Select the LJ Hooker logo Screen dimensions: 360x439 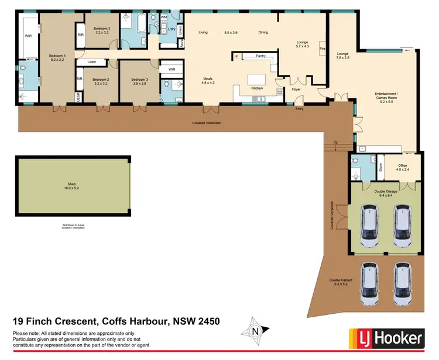click(x=387, y=338)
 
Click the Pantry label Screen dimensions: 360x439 click(x=261, y=56)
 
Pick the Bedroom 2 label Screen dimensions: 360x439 click(x=101, y=79)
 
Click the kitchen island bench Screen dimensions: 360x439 click(x=256, y=79)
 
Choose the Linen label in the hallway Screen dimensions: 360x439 click(x=92, y=61)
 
